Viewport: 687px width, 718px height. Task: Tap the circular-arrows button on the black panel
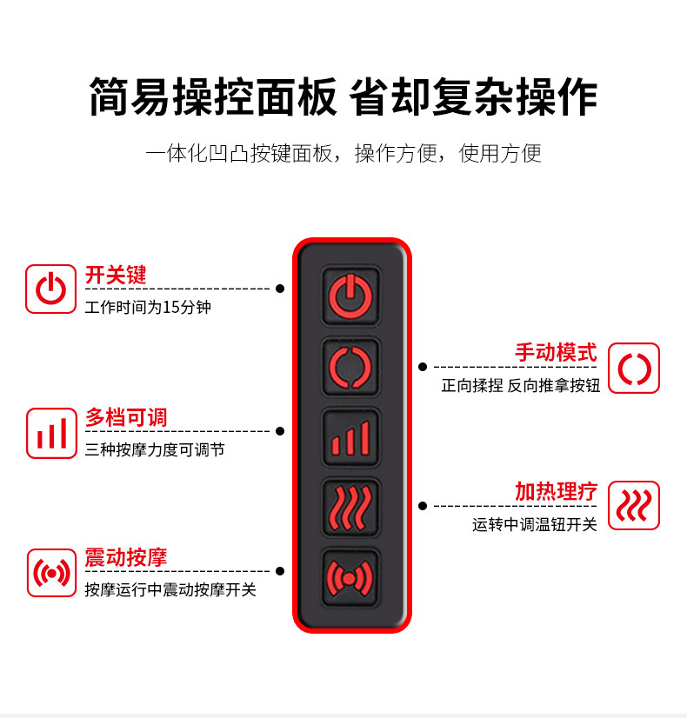point(350,366)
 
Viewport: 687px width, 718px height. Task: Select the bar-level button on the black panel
point(350,435)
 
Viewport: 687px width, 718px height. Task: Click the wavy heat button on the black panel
point(350,506)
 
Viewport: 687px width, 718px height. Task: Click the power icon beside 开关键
point(51,289)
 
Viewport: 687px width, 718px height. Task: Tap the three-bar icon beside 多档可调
point(51,433)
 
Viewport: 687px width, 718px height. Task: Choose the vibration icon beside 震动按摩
point(51,573)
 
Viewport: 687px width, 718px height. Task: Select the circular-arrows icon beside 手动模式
point(633,369)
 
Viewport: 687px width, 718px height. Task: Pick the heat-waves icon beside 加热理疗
point(633,505)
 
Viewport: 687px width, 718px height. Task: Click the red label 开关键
point(116,276)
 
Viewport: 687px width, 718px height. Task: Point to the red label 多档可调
point(126,417)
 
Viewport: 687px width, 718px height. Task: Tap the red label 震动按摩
point(126,557)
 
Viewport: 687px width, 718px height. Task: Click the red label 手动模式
point(556,353)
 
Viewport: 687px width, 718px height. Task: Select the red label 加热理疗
point(556,491)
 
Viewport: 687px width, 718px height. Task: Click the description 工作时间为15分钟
point(148,308)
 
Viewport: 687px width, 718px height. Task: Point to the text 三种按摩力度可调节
point(155,450)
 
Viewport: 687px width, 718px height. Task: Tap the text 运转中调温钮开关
point(535,525)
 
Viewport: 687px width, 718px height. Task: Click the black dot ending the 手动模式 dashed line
point(423,367)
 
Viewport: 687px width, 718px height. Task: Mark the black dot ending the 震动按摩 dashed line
point(280,571)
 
